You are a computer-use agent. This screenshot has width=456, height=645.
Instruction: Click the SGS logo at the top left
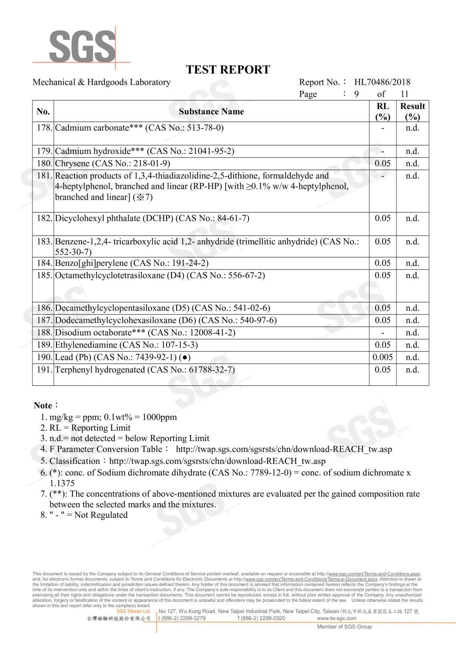[82, 46]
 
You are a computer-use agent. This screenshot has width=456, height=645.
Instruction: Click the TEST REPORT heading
[228, 70]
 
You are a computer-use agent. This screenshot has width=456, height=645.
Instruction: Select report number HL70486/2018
[382, 82]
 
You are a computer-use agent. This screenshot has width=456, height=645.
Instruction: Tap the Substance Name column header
[211, 112]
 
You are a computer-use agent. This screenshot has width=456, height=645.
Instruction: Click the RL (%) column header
[382, 111]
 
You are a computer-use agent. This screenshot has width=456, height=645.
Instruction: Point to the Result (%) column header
[412, 111]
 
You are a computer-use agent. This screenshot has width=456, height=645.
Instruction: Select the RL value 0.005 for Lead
[382, 357]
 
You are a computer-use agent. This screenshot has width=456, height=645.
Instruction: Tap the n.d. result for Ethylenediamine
[412, 345]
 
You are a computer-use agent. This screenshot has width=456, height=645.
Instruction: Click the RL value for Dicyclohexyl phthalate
[382, 218]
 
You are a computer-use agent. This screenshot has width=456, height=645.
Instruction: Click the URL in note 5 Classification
[217, 461]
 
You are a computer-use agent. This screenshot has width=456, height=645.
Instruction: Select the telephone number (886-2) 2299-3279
[182, 618]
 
